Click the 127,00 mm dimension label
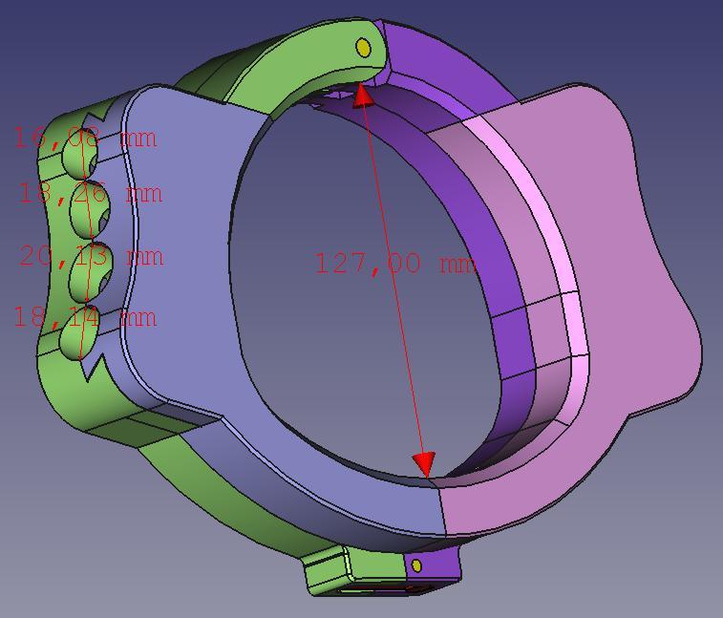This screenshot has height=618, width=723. pos(394,263)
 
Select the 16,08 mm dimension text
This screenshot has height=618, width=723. pos(84,138)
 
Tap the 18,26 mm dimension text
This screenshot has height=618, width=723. pos(91,194)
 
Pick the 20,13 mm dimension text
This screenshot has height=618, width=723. pos(92,256)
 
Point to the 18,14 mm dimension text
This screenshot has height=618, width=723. pos(84,317)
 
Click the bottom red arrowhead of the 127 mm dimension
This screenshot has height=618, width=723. pos(424,464)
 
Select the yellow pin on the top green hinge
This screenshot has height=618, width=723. pos(363,47)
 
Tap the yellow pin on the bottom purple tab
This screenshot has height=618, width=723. pos(417,566)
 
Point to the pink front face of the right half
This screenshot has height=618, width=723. pos(611,287)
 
